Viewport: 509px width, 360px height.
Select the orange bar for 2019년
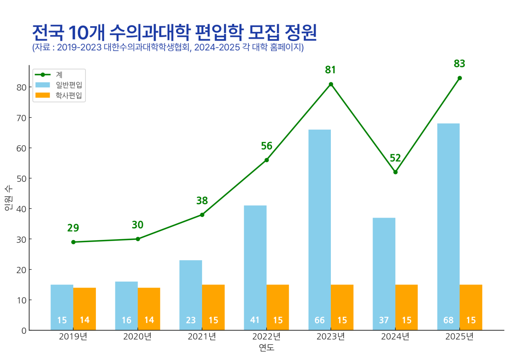(84, 309)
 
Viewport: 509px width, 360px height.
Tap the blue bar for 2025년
(448, 226)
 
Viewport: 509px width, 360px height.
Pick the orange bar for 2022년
(278, 307)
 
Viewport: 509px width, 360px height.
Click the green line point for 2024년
(395, 172)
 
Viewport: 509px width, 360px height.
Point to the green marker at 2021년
(202, 215)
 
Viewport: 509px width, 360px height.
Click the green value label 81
(330, 70)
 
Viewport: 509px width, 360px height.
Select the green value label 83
(459, 64)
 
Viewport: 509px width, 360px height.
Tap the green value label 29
(73, 228)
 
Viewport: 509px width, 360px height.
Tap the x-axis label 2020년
(138, 337)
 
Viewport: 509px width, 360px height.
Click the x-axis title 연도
(266, 348)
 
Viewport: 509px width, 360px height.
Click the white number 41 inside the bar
(255, 320)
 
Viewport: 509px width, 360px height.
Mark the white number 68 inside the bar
(448, 320)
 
